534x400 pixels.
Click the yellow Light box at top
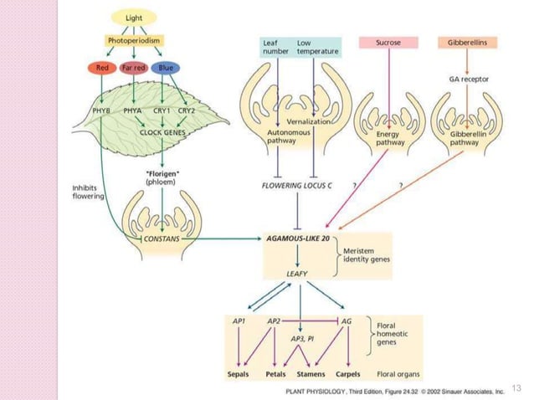pyautogui.click(x=134, y=18)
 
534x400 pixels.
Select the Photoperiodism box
pyautogui.click(x=134, y=40)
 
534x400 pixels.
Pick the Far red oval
pyautogui.click(x=134, y=67)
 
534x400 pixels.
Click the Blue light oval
pyautogui.click(x=167, y=67)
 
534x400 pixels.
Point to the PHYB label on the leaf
pyautogui.click(x=101, y=110)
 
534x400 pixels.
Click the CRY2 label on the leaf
pyautogui.click(x=186, y=110)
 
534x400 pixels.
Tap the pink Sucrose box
pyautogui.click(x=388, y=41)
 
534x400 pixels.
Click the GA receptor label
pyautogui.click(x=469, y=79)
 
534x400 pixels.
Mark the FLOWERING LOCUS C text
pyautogui.click(x=297, y=185)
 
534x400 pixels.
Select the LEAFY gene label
pyautogui.click(x=298, y=273)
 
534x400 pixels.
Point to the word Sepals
pyautogui.click(x=240, y=374)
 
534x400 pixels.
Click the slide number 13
pyautogui.click(x=515, y=387)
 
